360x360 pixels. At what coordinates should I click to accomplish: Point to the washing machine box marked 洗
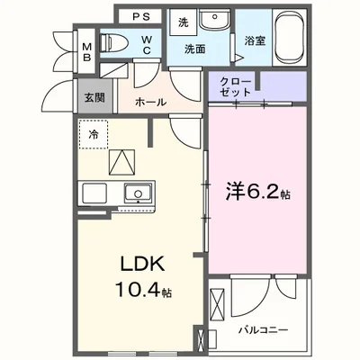coord(183,22)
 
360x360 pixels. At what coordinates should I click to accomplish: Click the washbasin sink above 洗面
coord(214,22)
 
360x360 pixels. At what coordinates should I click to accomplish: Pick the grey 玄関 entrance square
coord(93,97)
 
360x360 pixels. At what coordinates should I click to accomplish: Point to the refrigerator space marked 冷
coord(94,134)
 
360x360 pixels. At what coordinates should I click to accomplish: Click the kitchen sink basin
coord(137,193)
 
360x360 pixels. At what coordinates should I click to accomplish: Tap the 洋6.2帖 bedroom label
coord(256,192)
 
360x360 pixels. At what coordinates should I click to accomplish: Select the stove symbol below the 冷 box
coord(120,162)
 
